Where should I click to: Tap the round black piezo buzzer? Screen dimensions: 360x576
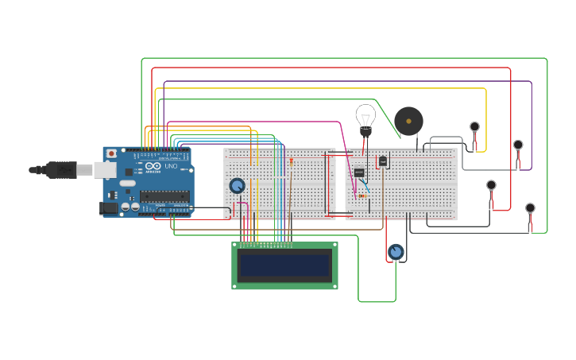(408, 122)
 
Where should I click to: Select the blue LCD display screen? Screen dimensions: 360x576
(285, 265)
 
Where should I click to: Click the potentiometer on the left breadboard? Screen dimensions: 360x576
(237, 185)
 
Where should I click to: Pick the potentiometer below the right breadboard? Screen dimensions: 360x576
(396, 252)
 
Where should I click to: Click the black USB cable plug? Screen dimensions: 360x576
(60, 169)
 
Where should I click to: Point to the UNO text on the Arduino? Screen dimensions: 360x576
(170, 166)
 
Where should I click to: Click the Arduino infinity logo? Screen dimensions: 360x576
(153, 166)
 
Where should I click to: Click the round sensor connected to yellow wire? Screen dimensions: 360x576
(474, 126)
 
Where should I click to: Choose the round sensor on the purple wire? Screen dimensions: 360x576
(518, 145)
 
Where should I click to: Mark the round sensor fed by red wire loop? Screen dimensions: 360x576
(491, 185)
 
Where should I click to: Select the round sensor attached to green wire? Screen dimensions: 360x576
(530, 208)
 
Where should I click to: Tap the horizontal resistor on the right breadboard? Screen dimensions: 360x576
(362, 195)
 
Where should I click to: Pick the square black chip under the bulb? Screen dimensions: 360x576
(359, 172)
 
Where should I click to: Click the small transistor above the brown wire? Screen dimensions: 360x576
(383, 161)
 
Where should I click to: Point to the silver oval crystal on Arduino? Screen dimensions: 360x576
(127, 184)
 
